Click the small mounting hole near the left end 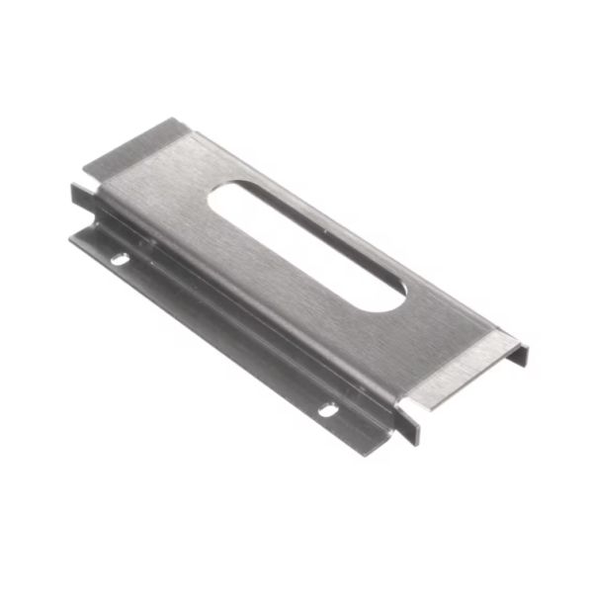pos(119,260)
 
